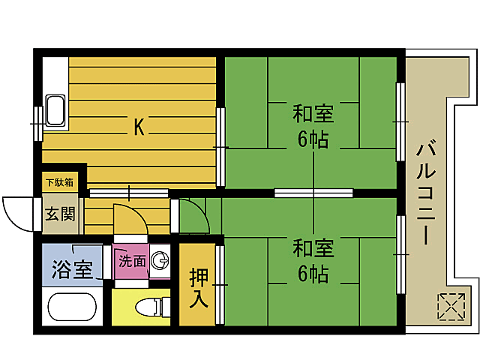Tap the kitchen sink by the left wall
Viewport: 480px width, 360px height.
pyautogui.click(x=55, y=111)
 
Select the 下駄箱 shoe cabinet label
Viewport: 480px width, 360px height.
pyautogui.click(x=59, y=181)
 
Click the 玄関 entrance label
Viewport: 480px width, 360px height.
pyautogui.click(x=59, y=214)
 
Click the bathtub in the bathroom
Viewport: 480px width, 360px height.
pyautogui.click(x=71, y=307)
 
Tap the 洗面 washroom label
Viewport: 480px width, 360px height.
pyautogui.click(x=132, y=261)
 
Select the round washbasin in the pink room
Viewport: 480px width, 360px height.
pyautogui.click(x=159, y=260)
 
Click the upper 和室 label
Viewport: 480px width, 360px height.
pyautogui.click(x=313, y=114)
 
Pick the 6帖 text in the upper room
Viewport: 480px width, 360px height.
pyautogui.click(x=313, y=139)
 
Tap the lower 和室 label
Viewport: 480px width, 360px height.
pyautogui.click(x=313, y=248)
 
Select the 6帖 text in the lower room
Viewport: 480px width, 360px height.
pyautogui.click(x=313, y=274)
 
